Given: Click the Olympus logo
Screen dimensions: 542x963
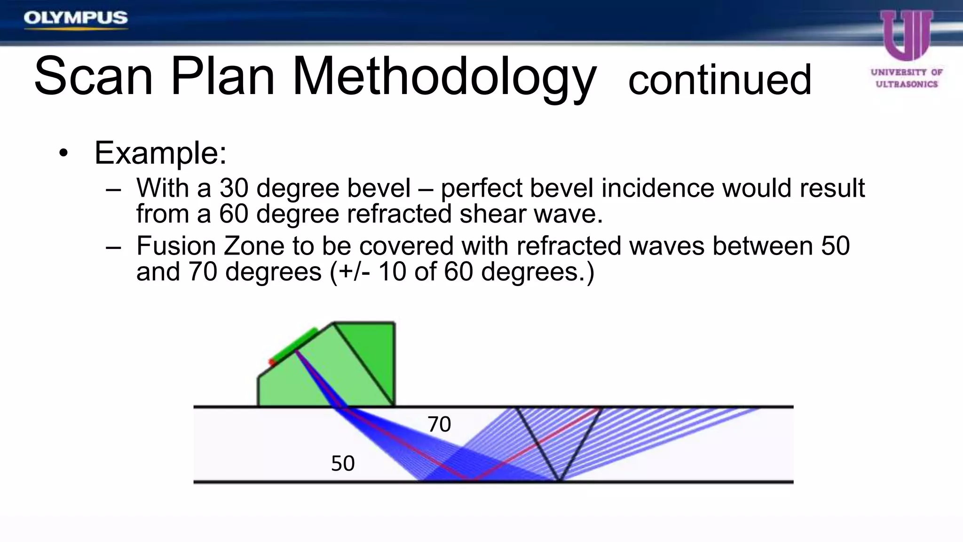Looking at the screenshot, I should [75, 18].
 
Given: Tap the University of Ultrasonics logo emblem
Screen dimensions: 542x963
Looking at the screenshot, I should [906, 35].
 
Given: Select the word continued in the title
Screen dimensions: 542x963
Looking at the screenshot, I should [719, 80].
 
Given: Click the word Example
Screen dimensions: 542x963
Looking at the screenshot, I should [160, 153].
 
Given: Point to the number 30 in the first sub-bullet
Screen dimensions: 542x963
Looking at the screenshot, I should [234, 188].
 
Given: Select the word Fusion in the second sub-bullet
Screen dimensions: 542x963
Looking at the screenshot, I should [176, 246].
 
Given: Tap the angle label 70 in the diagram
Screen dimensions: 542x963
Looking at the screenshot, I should [439, 424].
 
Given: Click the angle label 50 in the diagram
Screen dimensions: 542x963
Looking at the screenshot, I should [342, 463].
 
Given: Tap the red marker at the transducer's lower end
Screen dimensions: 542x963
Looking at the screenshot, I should [272, 362].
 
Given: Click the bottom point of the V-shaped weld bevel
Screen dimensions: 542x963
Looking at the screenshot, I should [559, 480].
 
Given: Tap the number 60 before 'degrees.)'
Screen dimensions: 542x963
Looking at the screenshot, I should [458, 272].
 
